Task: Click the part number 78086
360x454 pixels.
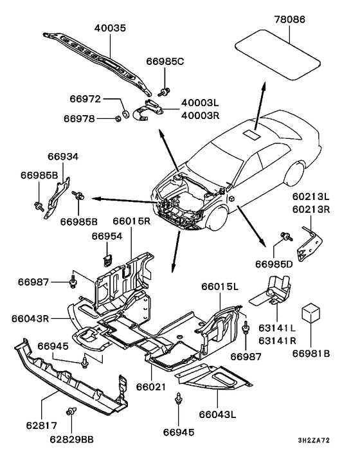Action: point(289,19)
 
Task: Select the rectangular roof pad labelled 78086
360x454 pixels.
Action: point(277,54)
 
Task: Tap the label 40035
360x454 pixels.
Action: point(111,28)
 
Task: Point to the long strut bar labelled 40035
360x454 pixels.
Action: point(97,62)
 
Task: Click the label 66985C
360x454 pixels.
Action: point(165,61)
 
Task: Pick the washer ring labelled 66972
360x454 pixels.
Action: point(126,113)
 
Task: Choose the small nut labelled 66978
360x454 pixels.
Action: point(118,118)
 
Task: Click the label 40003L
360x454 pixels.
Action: point(200,103)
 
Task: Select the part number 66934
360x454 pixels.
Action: point(63,156)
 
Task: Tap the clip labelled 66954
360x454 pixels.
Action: point(107,260)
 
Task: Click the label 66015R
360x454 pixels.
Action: point(131,221)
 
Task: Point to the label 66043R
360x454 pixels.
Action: point(30,318)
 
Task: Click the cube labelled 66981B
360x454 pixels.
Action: point(310,313)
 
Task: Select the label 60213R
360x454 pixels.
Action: point(310,209)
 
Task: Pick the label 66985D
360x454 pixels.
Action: point(274,264)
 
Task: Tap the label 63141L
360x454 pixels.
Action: point(277,328)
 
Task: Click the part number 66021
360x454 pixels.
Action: point(151,387)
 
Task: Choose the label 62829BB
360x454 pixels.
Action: point(72,439)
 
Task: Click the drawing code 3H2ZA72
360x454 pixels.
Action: point(314,440)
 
